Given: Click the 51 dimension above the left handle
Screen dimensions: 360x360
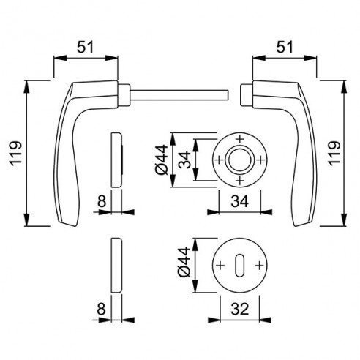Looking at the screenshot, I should pos(86,48).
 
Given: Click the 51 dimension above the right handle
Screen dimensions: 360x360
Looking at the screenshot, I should pos(284,48).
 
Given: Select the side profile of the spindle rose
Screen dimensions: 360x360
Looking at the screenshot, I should pos(117,159).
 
